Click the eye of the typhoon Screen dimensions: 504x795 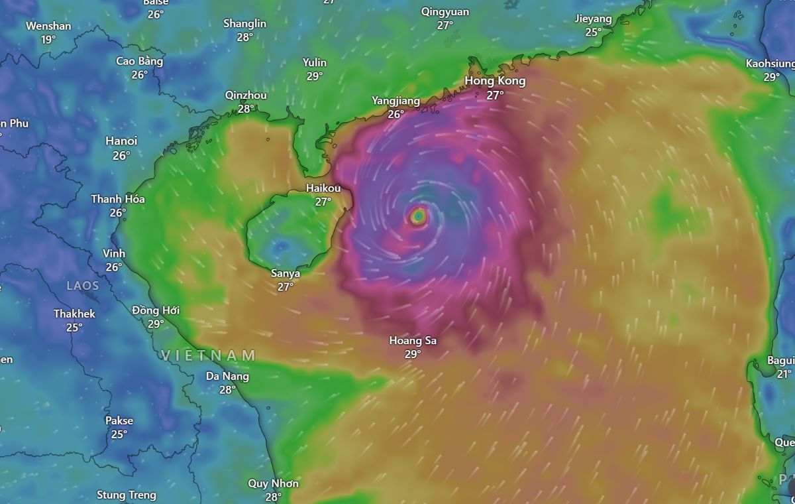pyautogui.click(x=419, y=216)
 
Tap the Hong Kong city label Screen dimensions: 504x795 pyautogui.click(x=495, y=81)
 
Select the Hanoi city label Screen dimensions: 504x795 pyautogui.click(x=121, y=141)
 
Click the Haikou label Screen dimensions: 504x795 pyautogui.click(x=323, y=188)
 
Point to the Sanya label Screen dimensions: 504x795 pyautogui.click(x=286, y=273)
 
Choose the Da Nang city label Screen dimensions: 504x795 pyautogui.click(x=227, y=376)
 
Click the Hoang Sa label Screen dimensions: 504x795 pyautogui.click(x=413, y=341)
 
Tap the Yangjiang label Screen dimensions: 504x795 pyautogui.click(x=396, y=101)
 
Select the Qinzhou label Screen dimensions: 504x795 pyautogui.click(x=246, y=95)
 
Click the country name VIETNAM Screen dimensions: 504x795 pyautogui.click(x=209, y=355)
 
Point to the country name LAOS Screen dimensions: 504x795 pyautogui.click(x=83, y=286)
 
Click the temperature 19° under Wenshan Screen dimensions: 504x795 pyautogui.click(x=48, y=40)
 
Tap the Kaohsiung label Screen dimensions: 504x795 pyautogui.click(x=770, y=64)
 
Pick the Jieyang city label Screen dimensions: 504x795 pyautogui.click(x=593, y=19)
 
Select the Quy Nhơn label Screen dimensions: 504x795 pyautogui.click(x=273, y=483)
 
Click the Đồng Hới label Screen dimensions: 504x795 pyautogui.click(x=156, y=310)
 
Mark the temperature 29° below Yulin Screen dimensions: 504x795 pyautogui.click(x=315, y=76)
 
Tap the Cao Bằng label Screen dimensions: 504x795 pyautogui.click(x=139, y=61)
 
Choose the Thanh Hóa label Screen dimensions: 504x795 pyautogui.click(x=118, y=199)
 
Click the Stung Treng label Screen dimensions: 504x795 pyautogui.click(x=127, y=495)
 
